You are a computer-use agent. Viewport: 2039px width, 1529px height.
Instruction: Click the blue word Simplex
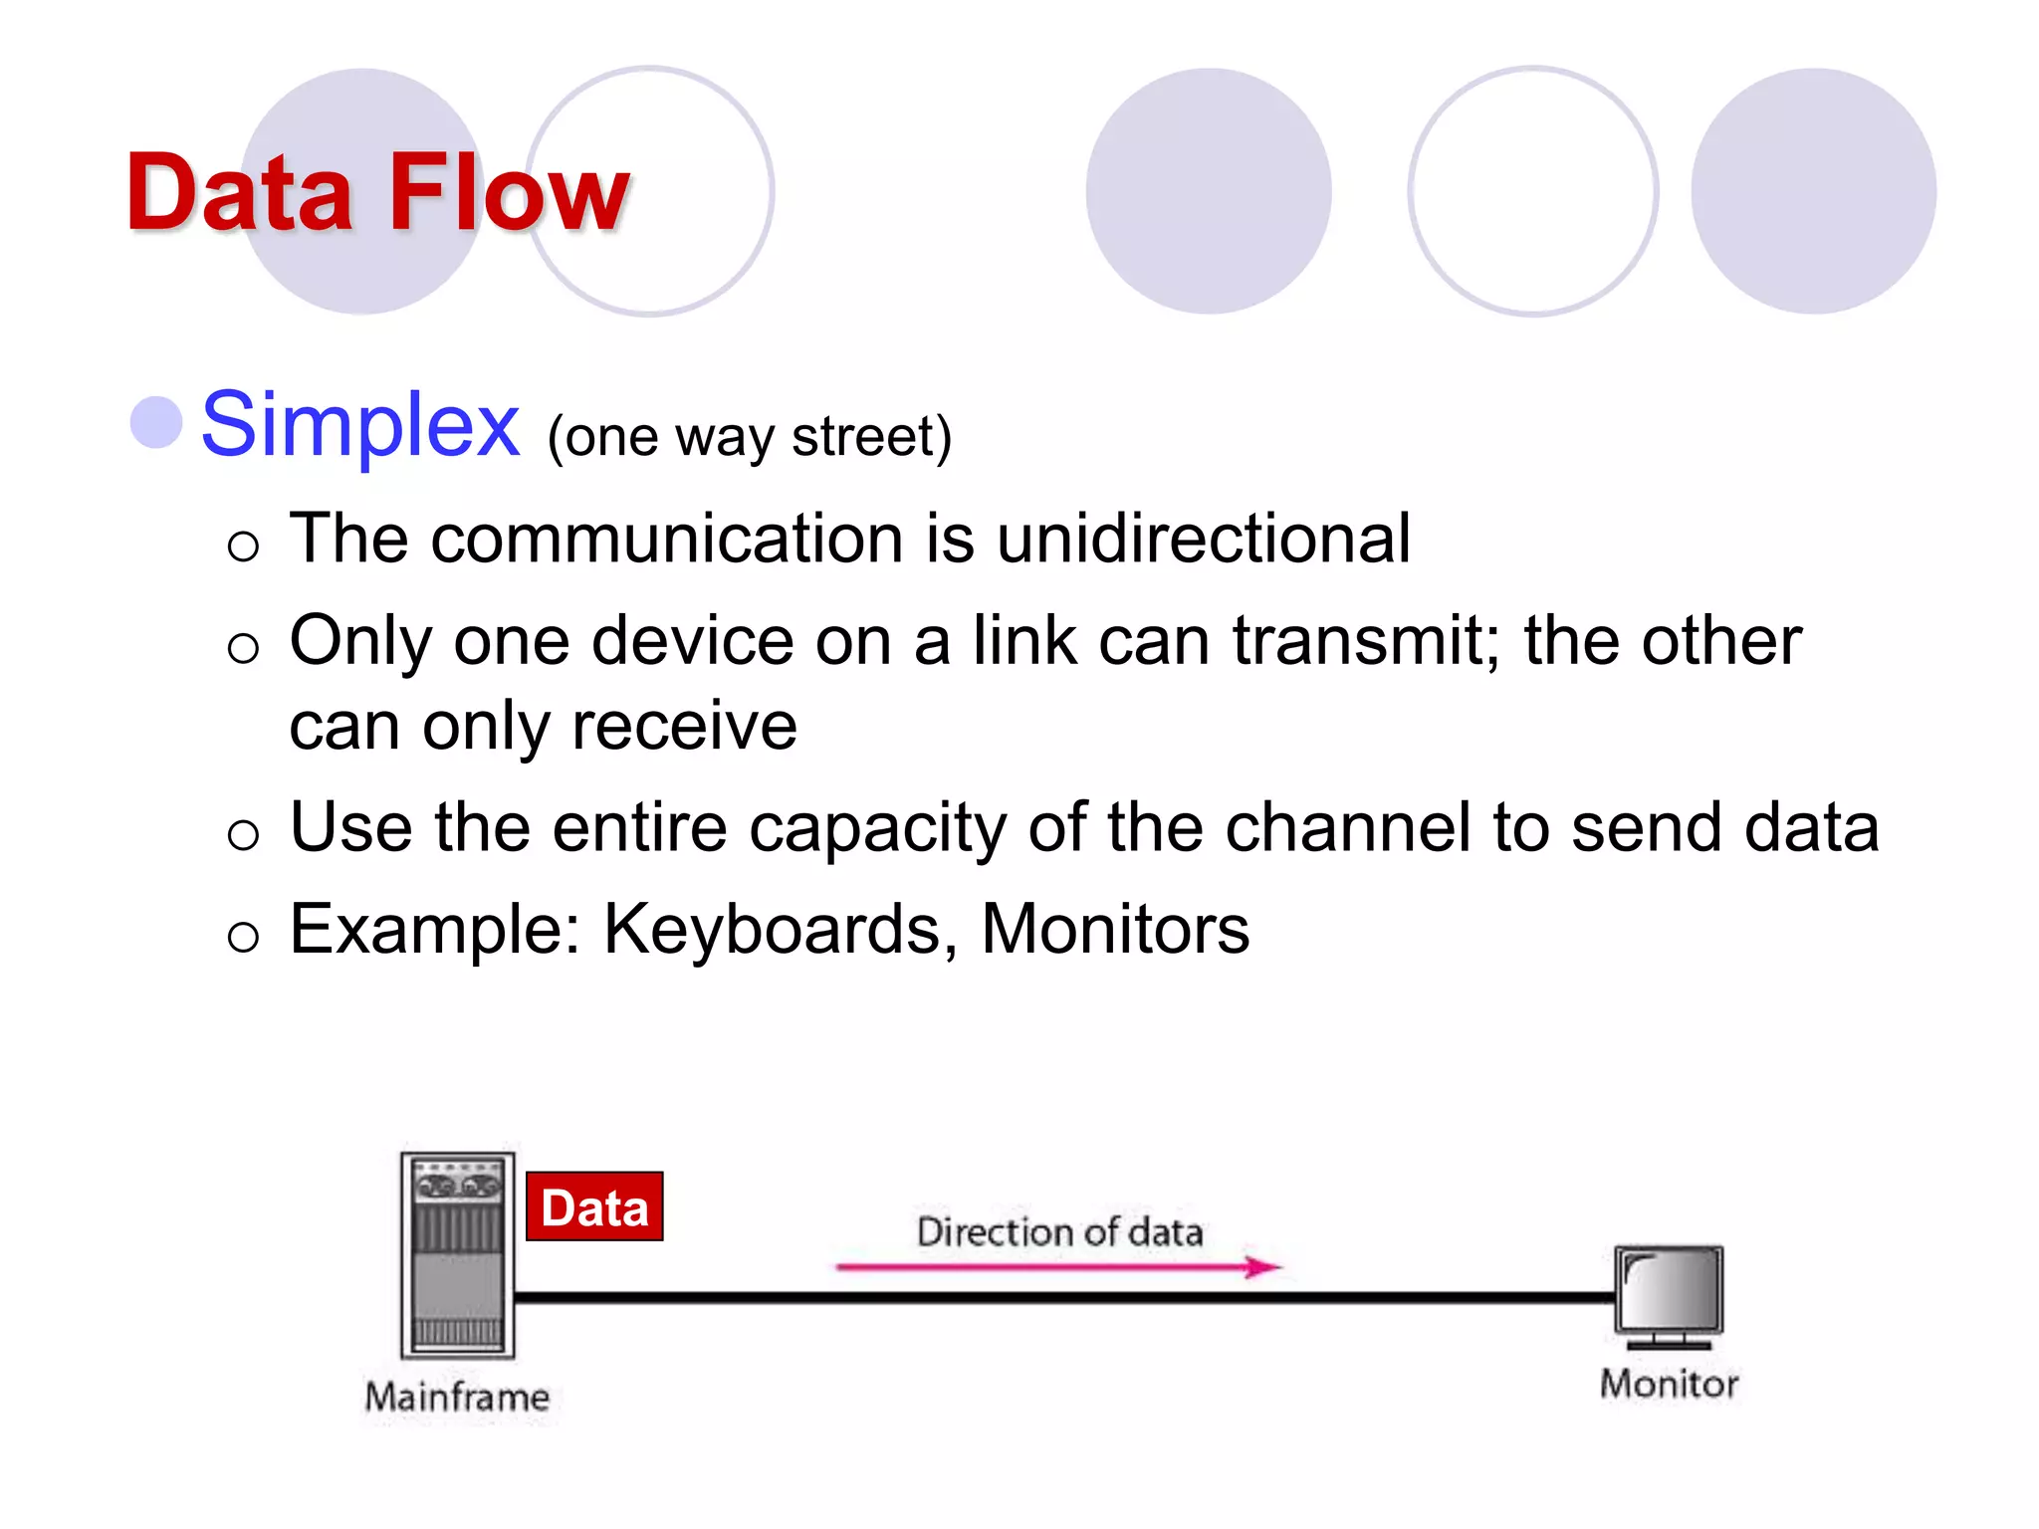tap(359, 426)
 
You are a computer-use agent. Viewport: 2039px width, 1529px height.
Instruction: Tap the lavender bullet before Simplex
tap(156, 422)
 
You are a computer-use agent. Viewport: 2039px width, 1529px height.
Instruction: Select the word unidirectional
tap(1203, 539)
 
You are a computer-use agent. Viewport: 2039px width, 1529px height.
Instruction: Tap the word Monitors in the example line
tap(1114, 930)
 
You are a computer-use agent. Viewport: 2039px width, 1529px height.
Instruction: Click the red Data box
tap(594, 1207)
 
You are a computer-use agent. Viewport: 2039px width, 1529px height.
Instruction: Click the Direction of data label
tap(1059, 1232)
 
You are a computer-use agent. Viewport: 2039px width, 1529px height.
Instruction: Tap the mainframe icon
tap(458, 1255)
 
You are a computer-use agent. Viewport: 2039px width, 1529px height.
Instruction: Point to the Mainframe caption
tap(457, 1397)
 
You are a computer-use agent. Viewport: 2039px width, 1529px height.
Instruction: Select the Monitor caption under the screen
tap(1669, 1384)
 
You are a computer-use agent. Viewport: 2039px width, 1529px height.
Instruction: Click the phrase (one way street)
tap(750, 437)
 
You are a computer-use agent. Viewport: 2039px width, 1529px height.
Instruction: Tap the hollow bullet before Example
tap(243, 936)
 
